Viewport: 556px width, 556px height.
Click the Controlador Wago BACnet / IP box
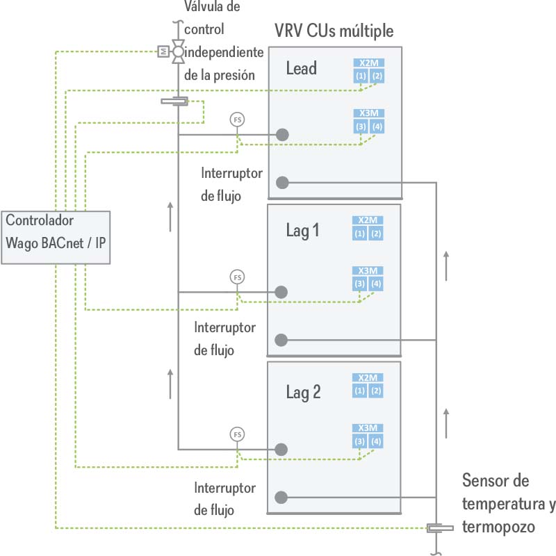pyautogui.click(x=56, y=236)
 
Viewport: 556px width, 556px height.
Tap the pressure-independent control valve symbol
pyautogui.click(x=179, y=51)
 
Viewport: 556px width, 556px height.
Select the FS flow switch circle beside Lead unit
pyautogui.click(x=238, y=120)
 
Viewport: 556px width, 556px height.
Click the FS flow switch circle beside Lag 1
pyautogui.click(x=238, y=277)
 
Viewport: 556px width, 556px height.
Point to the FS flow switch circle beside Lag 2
pyautogui.click(x=238, y=434)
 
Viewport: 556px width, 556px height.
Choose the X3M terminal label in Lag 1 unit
pyautogui.click(x=368, y=271)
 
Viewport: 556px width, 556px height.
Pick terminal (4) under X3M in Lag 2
pyautogui.click(x=377, y=441)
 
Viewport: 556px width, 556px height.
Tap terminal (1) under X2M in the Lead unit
pyautogui.click(x=360, y=75)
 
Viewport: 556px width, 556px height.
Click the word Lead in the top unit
pyautogui.click(x=301, y=68)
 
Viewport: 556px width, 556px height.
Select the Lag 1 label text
pyautogui.click(x=302, y=231)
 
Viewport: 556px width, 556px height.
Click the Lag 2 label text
pyautogui.click(x=303, y=392)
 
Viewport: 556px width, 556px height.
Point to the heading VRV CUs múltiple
pyautogui.click(x=334, y=31)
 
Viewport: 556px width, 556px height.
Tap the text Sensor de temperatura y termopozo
pyautogui.click(x=507, y=504)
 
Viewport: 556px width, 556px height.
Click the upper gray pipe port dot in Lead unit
pyautogui.click(x=282, y=134)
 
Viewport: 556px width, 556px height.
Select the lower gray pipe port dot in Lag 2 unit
pyautogui.click(x=281, y=498)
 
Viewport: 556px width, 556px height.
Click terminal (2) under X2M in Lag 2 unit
pyautogui.click(x=377, y=391)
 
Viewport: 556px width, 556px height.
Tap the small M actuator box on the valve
pyautogui.click(x=163, y=51)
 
